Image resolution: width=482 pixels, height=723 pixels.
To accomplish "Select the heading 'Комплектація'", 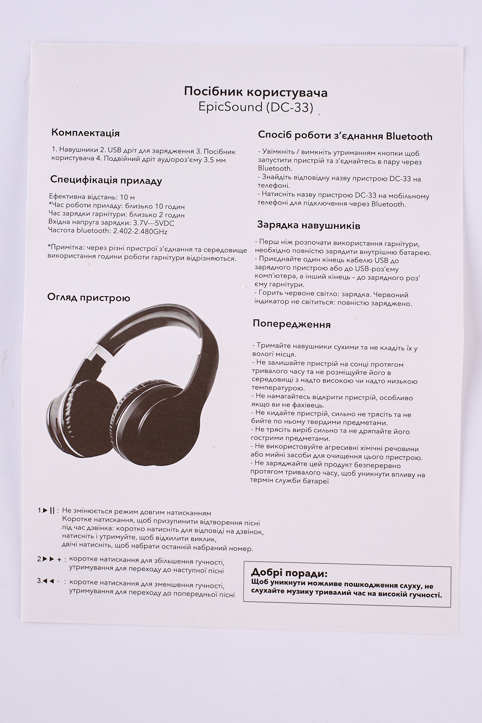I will tap(86, 133).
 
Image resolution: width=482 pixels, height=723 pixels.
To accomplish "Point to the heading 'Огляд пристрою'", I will tap(88, 298).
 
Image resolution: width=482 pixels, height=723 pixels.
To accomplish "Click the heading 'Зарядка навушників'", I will tap(308, 225).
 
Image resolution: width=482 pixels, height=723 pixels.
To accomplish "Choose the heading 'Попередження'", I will tap(291, 324).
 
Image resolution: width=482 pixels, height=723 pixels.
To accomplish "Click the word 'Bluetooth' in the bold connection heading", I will tap(409, 136).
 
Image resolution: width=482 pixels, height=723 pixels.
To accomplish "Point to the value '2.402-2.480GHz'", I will tap(140, 231).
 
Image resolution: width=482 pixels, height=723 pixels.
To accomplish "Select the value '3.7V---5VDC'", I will tap(154, 223).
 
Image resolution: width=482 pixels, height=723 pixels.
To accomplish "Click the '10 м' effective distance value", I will tap(127, 197).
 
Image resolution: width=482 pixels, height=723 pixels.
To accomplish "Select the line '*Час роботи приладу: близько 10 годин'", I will tap(117, 206).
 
